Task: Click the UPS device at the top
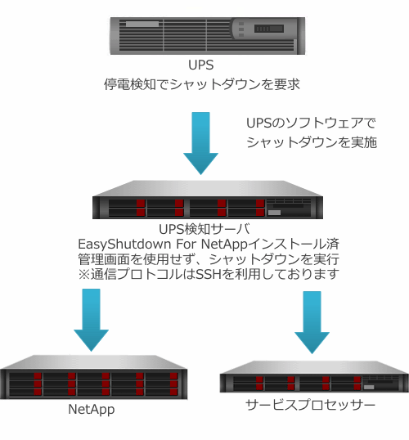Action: tap(208, 36)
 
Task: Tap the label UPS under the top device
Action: tap(200, 65)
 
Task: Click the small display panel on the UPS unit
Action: tap(268, 29)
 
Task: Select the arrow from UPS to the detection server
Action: tap(200, 143)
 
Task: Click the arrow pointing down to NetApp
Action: tap(91, 320)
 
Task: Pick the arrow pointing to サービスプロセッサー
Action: tap(312, 322)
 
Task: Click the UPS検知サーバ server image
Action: tap(208, 200)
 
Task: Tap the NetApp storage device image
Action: tap(93, 377)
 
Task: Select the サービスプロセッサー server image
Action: tap(314, 376)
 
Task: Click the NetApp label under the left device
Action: tap(92, 410)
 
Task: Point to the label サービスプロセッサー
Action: tap(311, 405)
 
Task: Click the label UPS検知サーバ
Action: tap(204, 229)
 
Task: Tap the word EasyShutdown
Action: tap(124, 245)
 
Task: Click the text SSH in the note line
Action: tap(209, 274)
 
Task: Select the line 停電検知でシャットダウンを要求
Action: tap(202, 84)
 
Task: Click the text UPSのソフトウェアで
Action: tap(311, 123)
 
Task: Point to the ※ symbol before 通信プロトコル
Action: tap(84, 274)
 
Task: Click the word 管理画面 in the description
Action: tap(104, 259)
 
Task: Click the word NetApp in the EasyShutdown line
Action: tap(225, 245)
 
